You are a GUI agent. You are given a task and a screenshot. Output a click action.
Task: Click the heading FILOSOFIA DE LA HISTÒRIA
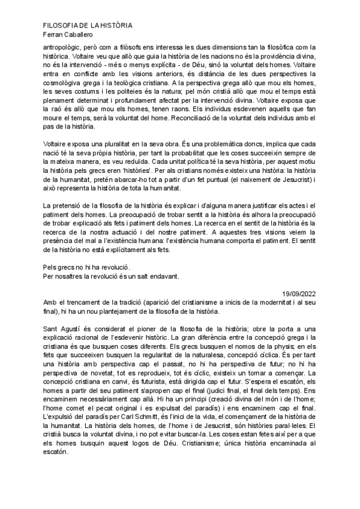[88, 26]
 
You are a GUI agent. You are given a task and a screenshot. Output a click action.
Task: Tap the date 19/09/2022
[298, 294]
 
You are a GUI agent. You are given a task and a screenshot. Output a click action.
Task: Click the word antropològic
[63, 46]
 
